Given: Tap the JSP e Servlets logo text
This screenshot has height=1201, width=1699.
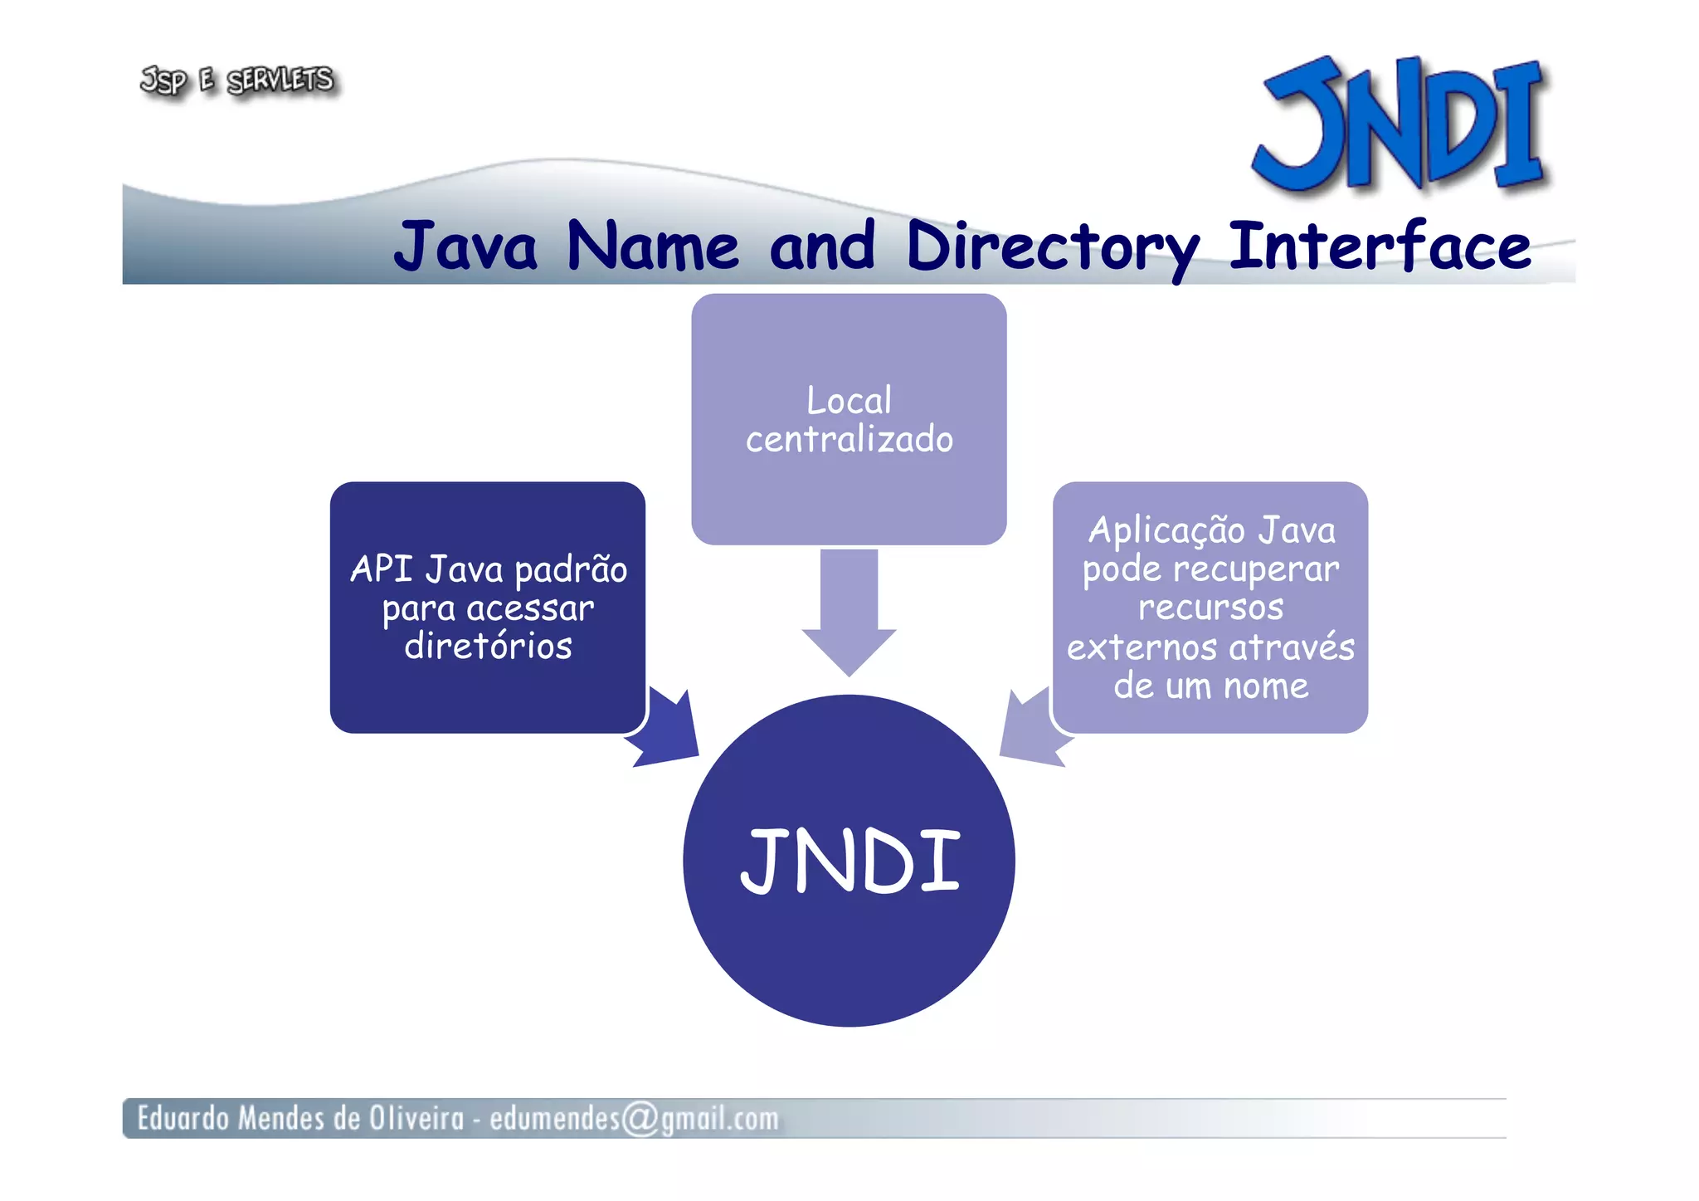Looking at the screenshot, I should (x=237, y=81).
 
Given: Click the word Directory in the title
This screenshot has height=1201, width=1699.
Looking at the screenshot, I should (x=1052, y=247).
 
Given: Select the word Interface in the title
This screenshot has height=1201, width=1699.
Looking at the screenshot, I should (x=1379, y=247).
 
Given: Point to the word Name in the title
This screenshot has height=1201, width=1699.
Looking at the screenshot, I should (x=652, y=247).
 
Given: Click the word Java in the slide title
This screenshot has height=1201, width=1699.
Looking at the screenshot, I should (x=465, y=247).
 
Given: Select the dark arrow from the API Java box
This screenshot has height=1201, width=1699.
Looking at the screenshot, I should (x=666, y=728).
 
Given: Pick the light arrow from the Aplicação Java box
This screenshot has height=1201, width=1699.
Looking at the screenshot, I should (x=1030, y=728).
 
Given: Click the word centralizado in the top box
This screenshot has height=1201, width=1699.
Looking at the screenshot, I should (x=849, y=439).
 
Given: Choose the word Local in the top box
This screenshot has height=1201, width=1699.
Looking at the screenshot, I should (x=849, y=401).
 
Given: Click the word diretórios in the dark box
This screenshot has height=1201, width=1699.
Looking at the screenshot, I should (x=488, y=646).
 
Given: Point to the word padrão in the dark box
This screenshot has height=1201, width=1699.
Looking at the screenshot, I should (x=571, y=569).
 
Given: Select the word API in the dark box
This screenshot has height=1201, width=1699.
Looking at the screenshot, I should (x=381, y=569).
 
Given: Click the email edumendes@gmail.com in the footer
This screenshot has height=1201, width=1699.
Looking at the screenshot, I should (x=634, y=1118).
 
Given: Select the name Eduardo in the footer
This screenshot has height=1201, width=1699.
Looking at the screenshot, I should (x=183, y=1118).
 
